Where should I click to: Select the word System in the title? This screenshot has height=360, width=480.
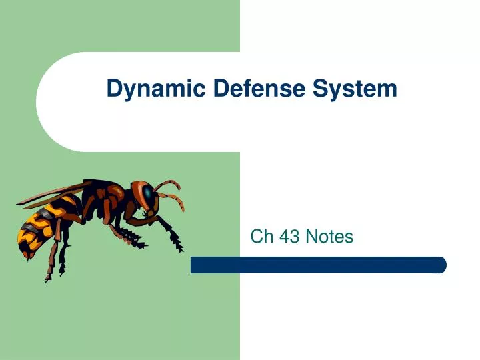tap(359, 89)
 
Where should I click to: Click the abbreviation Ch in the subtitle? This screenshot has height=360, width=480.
tap(259, 236)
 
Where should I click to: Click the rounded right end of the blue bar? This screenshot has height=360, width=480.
tap(441, 265)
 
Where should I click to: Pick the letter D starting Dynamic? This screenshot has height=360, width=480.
tap(113, 89)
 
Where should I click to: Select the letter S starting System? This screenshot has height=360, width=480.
tap(327, 89)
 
